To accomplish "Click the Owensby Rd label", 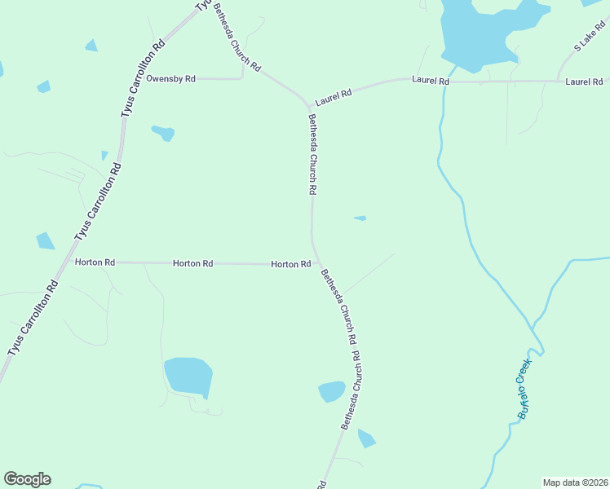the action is point(171,79).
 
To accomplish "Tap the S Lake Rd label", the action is point(589,39).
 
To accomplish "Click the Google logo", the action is point(27,479).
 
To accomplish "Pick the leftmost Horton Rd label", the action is point(95,262).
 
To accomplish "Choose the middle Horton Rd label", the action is point(192,263).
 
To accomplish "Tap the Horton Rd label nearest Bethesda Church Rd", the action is point(290,264).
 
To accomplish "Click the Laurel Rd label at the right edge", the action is point(584,81).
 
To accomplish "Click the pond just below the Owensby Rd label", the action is point(163,132).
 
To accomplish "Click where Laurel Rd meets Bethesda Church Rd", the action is point(308,104).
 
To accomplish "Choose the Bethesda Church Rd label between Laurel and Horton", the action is point(312,155).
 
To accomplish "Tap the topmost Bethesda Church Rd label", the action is point(236,37).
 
